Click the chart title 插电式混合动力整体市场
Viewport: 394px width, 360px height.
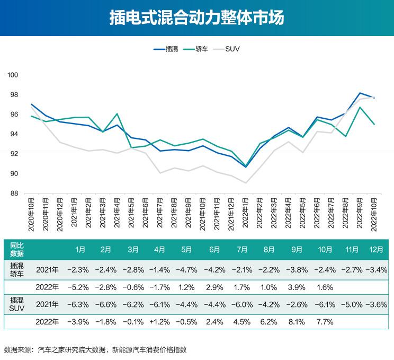coord(196,17)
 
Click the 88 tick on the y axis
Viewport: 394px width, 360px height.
coord(14,194)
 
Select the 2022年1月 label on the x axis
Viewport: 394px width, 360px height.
coord(245,215)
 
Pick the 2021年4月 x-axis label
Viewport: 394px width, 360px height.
coord(117,215)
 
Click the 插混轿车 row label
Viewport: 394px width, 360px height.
coord(17,269)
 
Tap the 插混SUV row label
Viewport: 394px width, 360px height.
coord(17,304)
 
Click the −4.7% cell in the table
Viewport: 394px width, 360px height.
coord(186,270)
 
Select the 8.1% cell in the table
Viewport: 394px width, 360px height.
coord(297,322)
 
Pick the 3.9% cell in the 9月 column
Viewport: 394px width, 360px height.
coord(297,287)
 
